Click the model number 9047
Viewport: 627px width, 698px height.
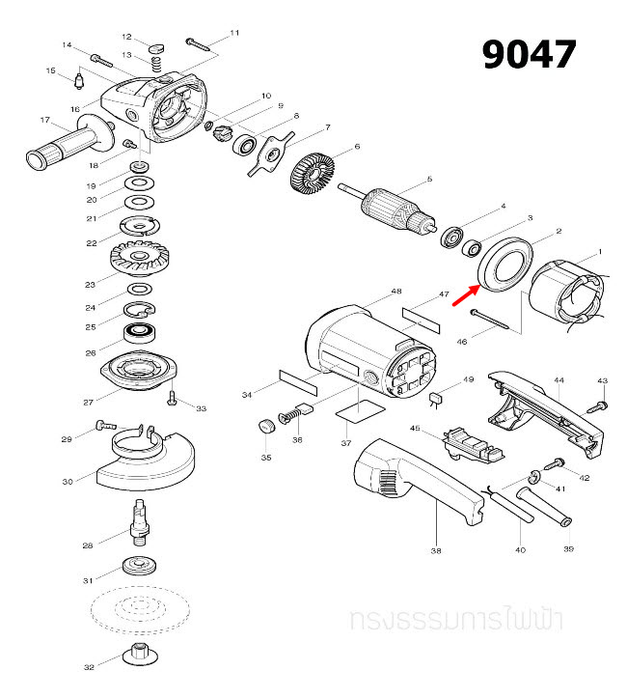click(529, 55)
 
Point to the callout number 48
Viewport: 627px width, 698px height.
click(395, 292)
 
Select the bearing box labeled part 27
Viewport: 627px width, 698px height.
click(142, 371)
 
